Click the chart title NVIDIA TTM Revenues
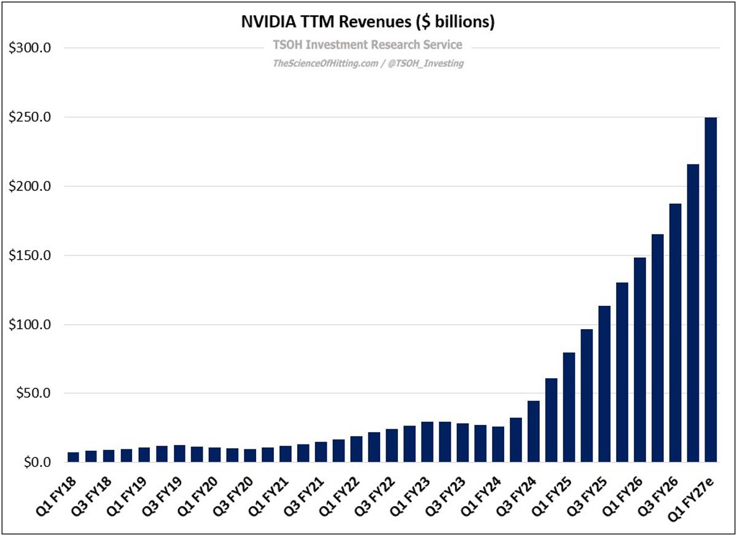[367, 22]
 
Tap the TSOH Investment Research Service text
[367, 45]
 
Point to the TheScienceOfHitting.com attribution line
[367, 63]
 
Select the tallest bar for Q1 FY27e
[711, 289]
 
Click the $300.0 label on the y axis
[29, 48]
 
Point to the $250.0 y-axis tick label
[29, 117]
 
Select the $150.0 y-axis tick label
[29, 255]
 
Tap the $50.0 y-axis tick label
[32, 394]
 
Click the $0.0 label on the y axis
[35, 462]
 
